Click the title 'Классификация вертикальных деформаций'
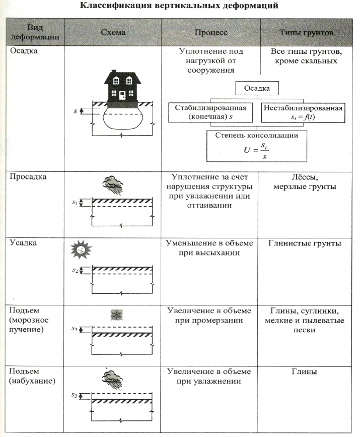[x=180, y=7]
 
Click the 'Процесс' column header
[x=211, y=32]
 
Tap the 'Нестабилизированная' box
[x=304, y=113]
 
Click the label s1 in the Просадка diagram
[x=75, y=203]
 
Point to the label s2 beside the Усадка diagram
[x=75, y=270]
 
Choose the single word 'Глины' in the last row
[x=304, y=372]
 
